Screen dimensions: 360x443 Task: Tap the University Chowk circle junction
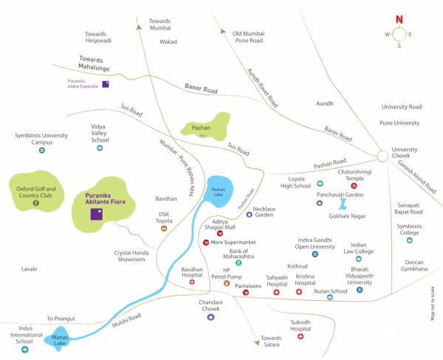(x=382, y=156)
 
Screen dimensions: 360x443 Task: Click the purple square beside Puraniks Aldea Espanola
(x=106, y=83)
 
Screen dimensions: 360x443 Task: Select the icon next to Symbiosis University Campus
(x=42, y=150)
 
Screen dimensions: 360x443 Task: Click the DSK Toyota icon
(x=163, y=229)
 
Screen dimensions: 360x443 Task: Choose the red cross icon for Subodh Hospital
(x=301, y=336)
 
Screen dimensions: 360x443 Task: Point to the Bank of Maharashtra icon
(x=238, y=263)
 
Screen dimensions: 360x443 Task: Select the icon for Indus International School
(x=25, y=349)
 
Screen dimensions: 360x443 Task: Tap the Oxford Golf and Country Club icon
(x=35, y=201)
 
